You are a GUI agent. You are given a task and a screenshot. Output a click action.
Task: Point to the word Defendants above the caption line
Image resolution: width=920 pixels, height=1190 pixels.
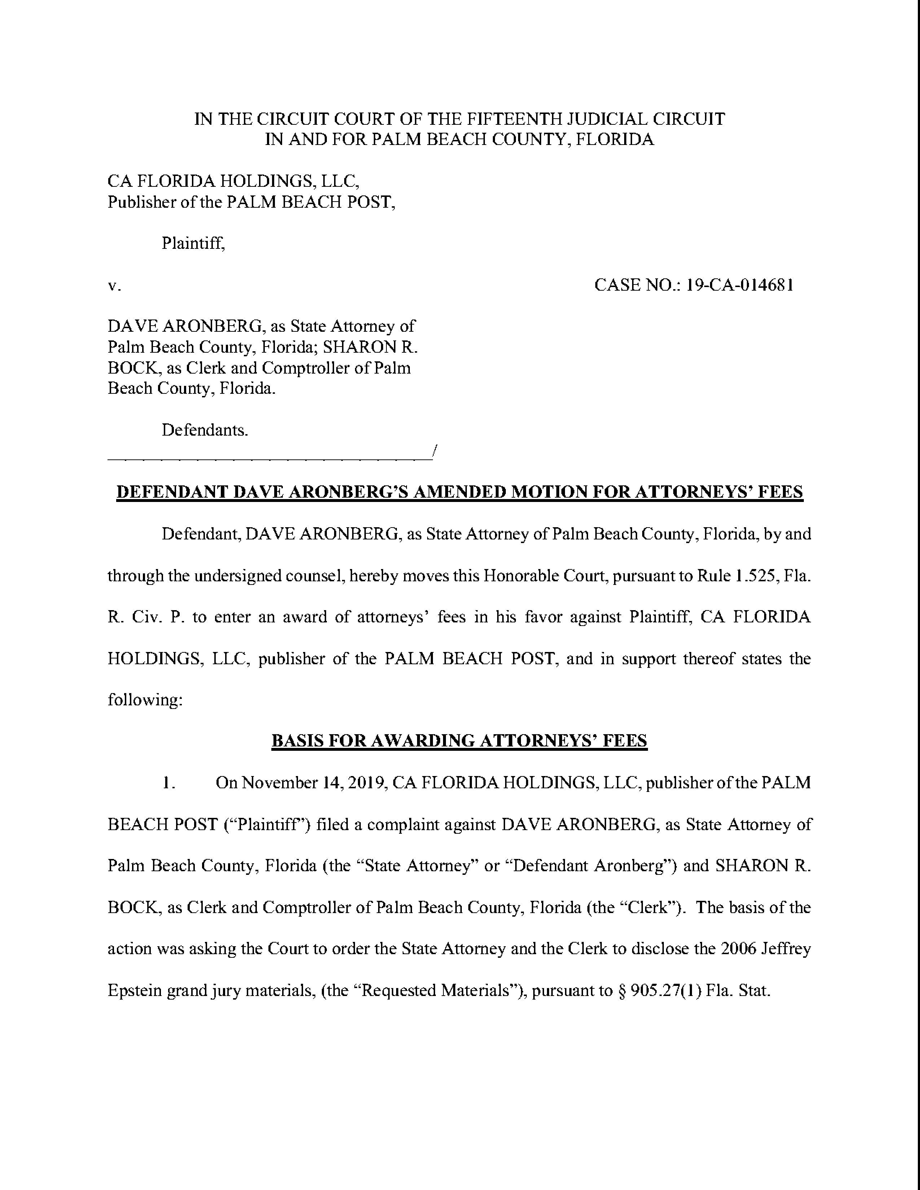204,431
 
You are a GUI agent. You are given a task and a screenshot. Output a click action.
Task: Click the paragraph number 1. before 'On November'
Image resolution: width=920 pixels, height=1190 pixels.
168,783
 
